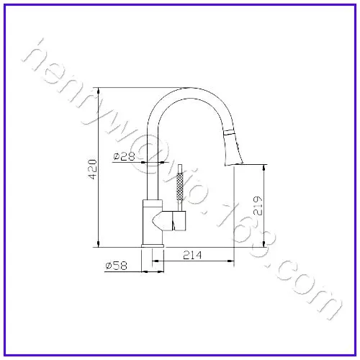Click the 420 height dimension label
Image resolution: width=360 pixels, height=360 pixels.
pyautogui.click(x=93, y=169)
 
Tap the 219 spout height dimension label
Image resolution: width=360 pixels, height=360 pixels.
pyautogui.click(x=258, y=206)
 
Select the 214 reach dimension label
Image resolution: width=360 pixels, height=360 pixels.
pyautogui.click(x=192, y=255)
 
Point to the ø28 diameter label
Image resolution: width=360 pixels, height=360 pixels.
pyautogui.click(x=124, y=156)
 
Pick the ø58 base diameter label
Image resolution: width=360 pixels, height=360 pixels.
pyautogui.click(x=116, y=266)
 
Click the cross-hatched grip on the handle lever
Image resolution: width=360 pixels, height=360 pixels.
pyautogui.click(x=180, y=186)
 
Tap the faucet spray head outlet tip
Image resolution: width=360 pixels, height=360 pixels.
pyautogui.click(x=234, y=164)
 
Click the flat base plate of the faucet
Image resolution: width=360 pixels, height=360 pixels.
pyautogui.click(x=153, y=246)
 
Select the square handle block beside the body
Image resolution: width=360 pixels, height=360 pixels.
pyautogui.click(x=179, y=221)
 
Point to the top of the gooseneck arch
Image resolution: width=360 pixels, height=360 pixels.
pyautogui.click(x=189, y=88)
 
